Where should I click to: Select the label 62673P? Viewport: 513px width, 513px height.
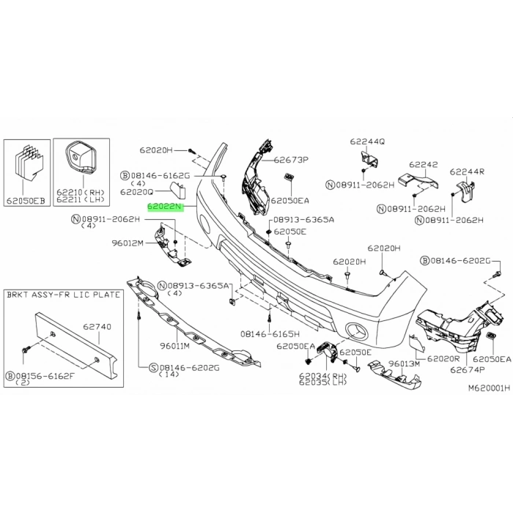point(291,160)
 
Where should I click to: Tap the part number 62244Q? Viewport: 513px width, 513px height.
point(367,141)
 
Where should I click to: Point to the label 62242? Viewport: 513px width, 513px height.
point(424,164)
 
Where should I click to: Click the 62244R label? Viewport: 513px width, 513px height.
point(467,171)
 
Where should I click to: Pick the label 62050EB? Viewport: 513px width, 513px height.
point(26,200)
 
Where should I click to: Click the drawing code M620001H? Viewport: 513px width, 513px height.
point(489,388)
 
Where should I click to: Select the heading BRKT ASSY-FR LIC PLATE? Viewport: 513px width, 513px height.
point(64,295)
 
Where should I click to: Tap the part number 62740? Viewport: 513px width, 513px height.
point(97,327)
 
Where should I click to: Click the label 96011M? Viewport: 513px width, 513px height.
point(174,345)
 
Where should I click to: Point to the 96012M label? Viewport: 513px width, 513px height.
point(128,243)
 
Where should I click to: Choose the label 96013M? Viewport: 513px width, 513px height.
point(404,363)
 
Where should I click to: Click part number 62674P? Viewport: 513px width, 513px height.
point(468,370)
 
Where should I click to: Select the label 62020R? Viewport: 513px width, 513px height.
point(443,359)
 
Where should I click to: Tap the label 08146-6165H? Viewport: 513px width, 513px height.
point(270,334)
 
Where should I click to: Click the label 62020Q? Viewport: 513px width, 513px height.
point(137,192)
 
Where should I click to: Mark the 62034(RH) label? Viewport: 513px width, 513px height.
point(323,376)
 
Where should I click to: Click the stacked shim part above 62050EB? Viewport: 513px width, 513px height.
point(29,162)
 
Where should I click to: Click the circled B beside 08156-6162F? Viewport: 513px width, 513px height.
point(10,376)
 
